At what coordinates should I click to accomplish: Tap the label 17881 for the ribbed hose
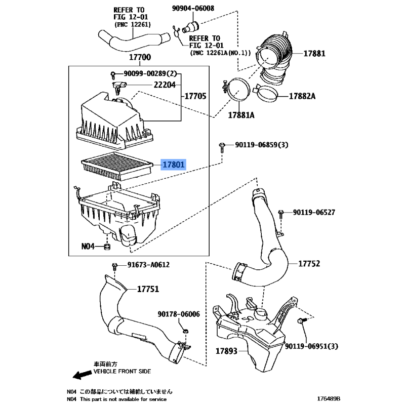(x=314, y=54)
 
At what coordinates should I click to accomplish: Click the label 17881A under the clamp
(x=240, y=115)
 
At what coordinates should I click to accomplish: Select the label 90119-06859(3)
(x=261, y=145)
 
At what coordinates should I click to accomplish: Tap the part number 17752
(x=308, y=264)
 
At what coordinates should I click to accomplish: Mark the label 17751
(x=148, y=289)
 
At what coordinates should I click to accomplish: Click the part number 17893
(x=226, y=350)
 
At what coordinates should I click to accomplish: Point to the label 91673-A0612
(x=148, y=265)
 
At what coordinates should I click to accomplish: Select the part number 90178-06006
(x=179, y=314)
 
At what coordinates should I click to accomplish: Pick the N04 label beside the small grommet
(x=89, y=247)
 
